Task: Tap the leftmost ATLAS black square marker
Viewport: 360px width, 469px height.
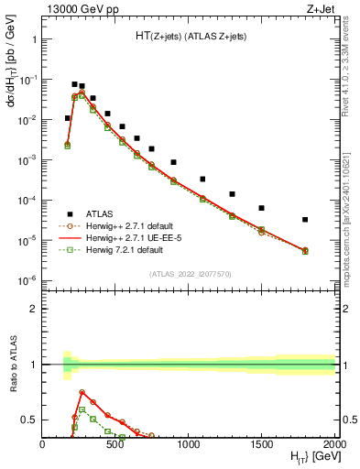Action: click(x=67, y=118)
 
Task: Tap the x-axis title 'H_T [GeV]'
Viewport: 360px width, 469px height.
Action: click(x=306, y=457)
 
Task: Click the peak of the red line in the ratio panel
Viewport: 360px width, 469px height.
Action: click(x=82, y=392)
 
